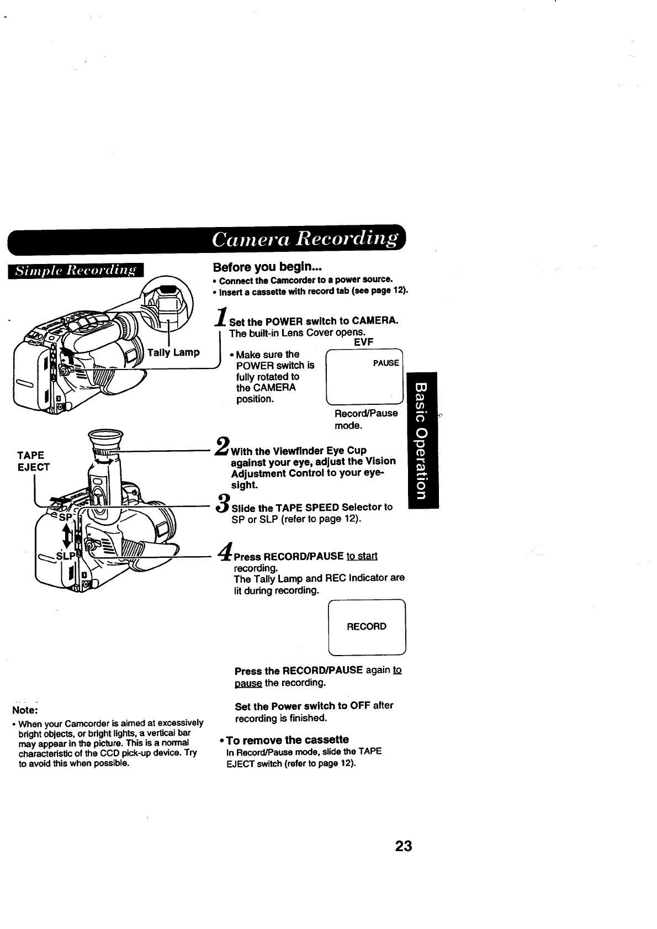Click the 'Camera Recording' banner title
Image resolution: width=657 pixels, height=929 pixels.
pyautogui.click(x=305, y=239)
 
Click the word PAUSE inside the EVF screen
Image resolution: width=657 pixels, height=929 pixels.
pyautogui.click(x=386, y=363)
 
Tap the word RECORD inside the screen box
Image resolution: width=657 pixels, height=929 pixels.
pyautogui.click(x=367, y=626)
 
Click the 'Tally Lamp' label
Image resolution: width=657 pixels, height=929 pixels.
pyautogui.click(x=173, y=352)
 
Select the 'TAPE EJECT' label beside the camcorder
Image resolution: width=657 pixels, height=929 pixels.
pyautogui.click(x=33, y=461)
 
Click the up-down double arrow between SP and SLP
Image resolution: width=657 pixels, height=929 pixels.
pyautogui.click(x=68, y=535)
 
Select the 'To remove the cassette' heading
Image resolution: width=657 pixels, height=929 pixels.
pyautogui.click(x=288, y=740)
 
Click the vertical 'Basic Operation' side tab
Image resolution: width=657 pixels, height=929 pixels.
pyautogui.click(x=422, y=440)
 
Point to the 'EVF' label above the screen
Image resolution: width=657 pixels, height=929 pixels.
pyautogui.click(x=363, y=342)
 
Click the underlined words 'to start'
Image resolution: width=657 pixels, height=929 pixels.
pyautogui.click(x=362, y=556)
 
